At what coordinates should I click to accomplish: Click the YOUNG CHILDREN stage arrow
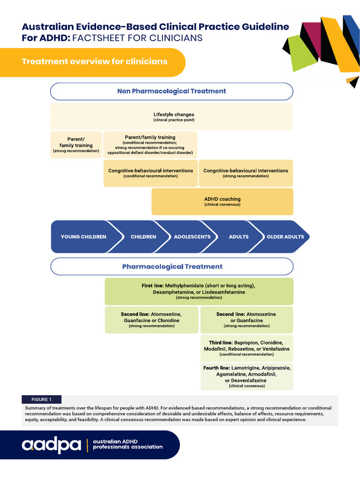pos(83,237)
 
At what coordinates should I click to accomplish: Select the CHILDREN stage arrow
pos(143,237)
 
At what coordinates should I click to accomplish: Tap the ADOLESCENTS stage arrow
pos(192,237)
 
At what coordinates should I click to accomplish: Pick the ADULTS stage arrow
pos(239,237)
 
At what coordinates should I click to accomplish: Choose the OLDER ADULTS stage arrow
pos(285,237)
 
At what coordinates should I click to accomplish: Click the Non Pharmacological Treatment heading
pos(172,91)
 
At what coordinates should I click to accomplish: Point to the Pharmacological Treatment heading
pos(172,267)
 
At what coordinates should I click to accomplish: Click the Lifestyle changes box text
pos(173,115)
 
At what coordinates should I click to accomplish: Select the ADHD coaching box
pos(222,202)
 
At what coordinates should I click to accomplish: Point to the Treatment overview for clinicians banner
pos(95,62)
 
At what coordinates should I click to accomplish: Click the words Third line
pos(220,343)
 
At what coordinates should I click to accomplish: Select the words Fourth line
pos(217,368)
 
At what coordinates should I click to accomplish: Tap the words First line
pos(152,285)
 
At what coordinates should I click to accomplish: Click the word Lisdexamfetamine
pos(223,292)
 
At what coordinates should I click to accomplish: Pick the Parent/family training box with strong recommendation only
pos(76,145)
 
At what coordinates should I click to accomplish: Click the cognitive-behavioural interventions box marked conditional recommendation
pos(150,173)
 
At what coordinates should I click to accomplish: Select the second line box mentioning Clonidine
pos(151,320)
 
